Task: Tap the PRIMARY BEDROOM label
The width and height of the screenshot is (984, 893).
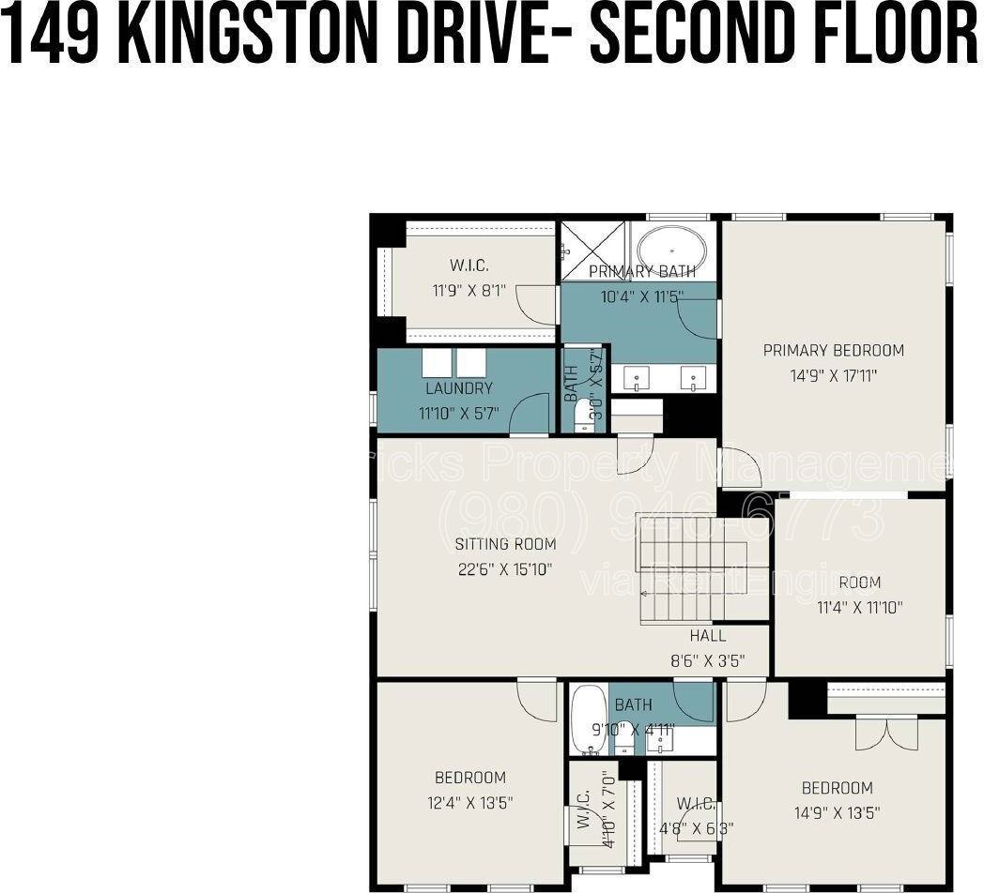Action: (x=833, y=351)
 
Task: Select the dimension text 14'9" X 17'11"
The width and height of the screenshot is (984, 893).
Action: (x=833, y=375)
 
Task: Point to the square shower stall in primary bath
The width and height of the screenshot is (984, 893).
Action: (x=593, y=250)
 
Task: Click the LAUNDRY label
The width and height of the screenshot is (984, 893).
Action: (x=458, y=388)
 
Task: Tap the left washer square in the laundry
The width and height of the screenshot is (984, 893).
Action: (x=438, y=363)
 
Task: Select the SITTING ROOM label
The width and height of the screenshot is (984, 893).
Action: (x=505, y=544)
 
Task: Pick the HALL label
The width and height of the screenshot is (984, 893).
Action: (x=707, y=636)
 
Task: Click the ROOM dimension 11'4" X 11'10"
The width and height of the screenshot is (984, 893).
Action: (x=859, y=607)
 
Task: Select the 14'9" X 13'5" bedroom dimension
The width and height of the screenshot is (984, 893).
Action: (x=837, y=812)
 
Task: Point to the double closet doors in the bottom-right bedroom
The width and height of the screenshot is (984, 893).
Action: (x=886, y=733)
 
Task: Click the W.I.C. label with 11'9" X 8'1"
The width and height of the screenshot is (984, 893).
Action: (x=469, y=265)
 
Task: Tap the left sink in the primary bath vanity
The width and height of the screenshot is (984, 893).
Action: (x=638, y=378)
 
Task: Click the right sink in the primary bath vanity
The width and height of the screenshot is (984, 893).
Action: (x=694, y=378)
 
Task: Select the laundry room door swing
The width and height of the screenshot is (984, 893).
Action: (x=531, y=415)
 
